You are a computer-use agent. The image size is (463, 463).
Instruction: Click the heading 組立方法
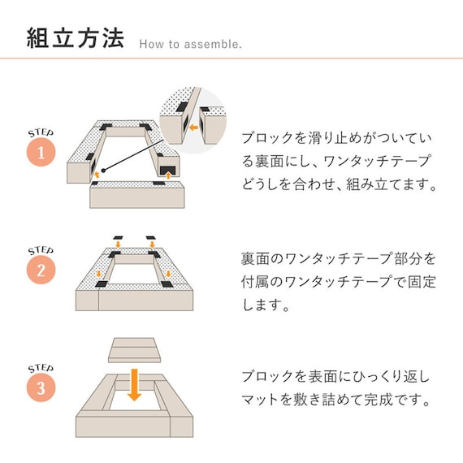point(75,37)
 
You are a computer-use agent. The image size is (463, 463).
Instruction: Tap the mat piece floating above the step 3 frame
point(135,350)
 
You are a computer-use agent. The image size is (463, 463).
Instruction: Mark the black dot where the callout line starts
point(104,170)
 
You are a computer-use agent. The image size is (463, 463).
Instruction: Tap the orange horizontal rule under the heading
point(231,58)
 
